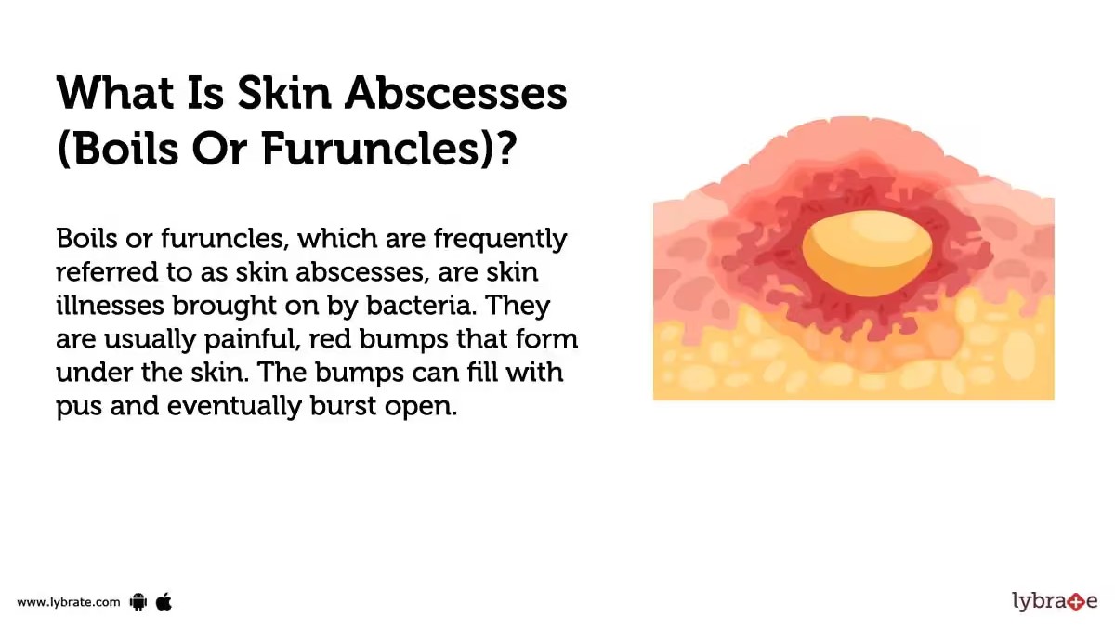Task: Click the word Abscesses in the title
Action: coord(455,93)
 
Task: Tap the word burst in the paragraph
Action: coord(343,405)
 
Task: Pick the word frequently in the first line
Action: coord(500,240)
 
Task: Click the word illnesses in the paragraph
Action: coord(110,305)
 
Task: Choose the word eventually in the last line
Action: coord(234,406)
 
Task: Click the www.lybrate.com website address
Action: coord(69,602)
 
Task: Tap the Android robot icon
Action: coord(138,602)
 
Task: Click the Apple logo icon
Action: coord(164,601)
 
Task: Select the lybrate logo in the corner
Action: coord(1055,601)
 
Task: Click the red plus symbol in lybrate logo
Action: coord(1076,602)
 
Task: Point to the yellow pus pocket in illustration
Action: coord(867,253)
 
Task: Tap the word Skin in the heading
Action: coord(284,93)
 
